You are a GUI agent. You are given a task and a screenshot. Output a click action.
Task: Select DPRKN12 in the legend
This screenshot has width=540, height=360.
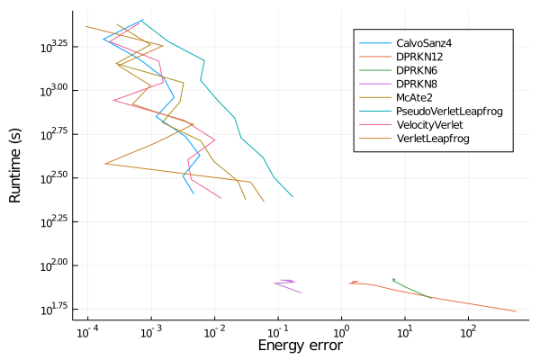point(418,57)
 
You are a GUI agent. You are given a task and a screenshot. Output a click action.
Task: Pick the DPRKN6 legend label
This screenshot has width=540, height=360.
point(415,70)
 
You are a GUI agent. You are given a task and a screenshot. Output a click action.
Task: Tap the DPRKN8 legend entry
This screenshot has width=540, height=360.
point(415,84)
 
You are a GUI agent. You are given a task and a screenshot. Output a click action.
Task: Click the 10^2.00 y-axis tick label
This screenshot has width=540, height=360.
point(53,265)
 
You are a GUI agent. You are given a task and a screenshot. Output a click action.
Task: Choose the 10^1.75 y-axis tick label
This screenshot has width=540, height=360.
point(53,310)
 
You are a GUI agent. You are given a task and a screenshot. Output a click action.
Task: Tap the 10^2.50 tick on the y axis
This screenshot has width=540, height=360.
point(53,177)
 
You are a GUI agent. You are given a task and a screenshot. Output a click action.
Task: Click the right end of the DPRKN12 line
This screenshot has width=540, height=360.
point(516,311)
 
